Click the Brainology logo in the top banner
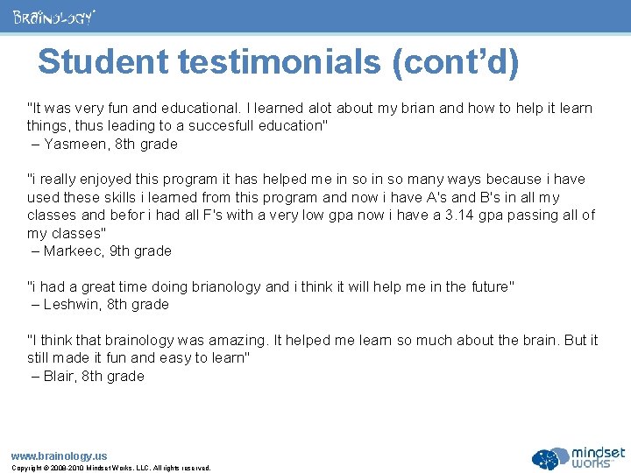[x=53, y=17]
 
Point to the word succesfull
[x=196, y=125]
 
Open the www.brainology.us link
[x=59, y=455]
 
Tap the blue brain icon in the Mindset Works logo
[x=549, y=457]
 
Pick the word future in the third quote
[x=487, y=286]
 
